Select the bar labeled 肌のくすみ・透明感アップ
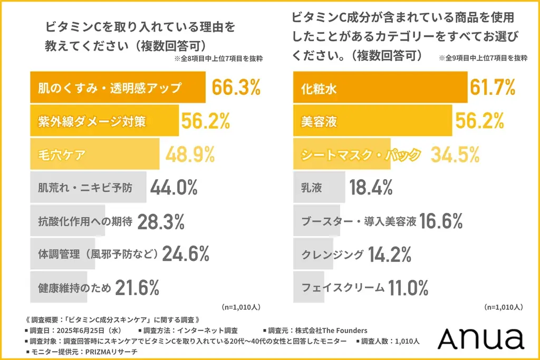pos(119,88)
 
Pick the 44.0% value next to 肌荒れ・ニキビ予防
pos(174,188)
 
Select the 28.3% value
pos(161,222)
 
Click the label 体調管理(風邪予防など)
pos(98,255)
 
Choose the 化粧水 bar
pos(380,88)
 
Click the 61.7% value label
pos(491,88)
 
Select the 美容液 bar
pos(372,121)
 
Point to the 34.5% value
pos(455,154)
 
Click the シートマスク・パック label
pos(361,155)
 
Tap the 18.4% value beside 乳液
pos(371,188)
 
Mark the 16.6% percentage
pos(442,221)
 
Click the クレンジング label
pos(332,255)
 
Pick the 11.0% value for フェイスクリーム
pos(408,288)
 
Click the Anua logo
pos(480,338)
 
